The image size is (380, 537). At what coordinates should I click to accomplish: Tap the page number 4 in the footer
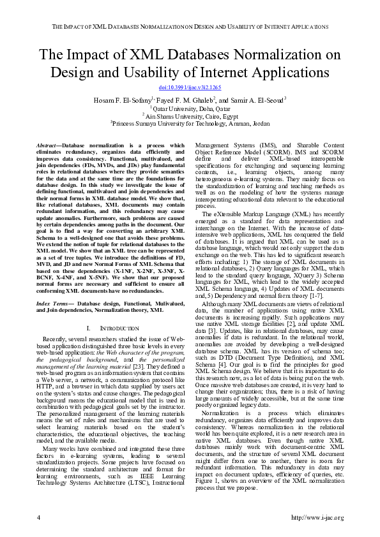(x=40, y=517)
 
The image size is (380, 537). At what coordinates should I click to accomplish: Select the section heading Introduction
(x=107, y=327)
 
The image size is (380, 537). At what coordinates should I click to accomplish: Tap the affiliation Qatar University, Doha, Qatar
(x=190, y=108)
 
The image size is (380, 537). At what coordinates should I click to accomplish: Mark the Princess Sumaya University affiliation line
(x=190, y=123)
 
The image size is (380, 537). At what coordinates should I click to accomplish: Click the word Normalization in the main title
(x=265, y=54)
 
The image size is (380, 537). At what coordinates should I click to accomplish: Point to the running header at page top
(x=190, y=27)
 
